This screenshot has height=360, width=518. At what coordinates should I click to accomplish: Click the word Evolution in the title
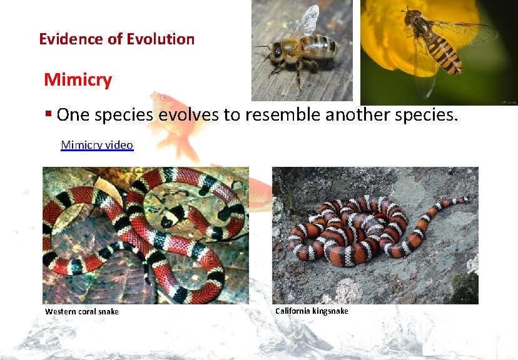tap(160, 39)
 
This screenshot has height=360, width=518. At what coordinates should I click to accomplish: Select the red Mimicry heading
tap(78, 80)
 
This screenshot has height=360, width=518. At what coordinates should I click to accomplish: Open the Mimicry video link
tap(97, 145)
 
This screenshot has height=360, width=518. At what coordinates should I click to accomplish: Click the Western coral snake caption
tap(82, 312)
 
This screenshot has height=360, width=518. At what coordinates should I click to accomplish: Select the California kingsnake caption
tap(312, 311)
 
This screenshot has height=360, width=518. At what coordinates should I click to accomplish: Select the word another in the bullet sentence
tap(363, 115)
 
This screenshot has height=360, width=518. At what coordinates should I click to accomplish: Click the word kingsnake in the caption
tap(330, 311)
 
